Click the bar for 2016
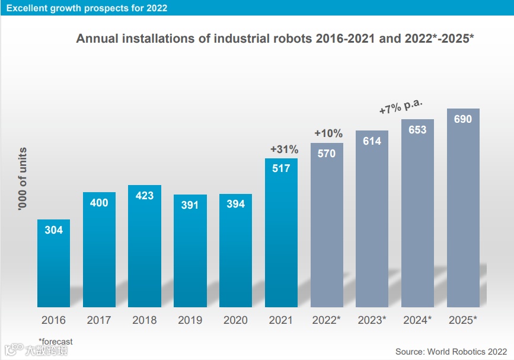pyautogui.click(x=53, y=264)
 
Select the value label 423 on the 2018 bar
pyautogui.click(x=144, y=195)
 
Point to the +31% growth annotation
pyautogui.click(x=284, y=149)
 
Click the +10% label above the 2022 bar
pyautogui.click(x=328, y=133)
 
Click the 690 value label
pyautogui.click(x=463, y=119)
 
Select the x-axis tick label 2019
pyautogui.click(x=190, y=320)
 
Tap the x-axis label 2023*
pyautogui.click(x=372, y=320)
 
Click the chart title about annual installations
pyautogui.click(x=275, y=39)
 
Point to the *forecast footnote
pyautogui.click(x=56, y=341)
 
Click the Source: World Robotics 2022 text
pyautogui.click(x=451, y=352)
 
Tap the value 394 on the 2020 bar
pyautogui.click(x=235, y=203)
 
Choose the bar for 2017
pyautogui.click(x=99, y=249)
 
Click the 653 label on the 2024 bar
pyautogui.click(x=417, y=129)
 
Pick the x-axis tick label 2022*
pyautogui.click(x=327, y=320)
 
